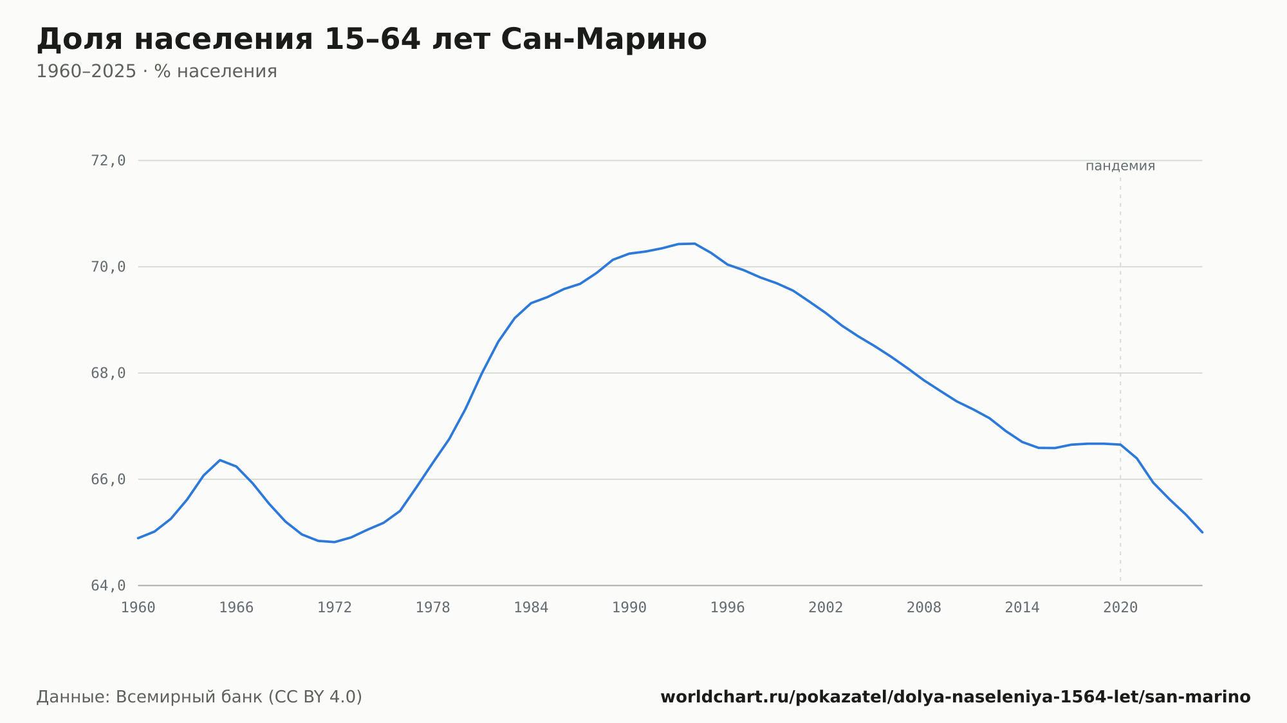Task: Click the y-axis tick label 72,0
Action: (x=108, y=161)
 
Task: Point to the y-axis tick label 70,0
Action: (x=108, y=267)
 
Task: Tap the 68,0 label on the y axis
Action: (x=108, y=373)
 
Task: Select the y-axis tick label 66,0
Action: (x=108, y=479)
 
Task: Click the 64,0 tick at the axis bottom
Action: (x=108, y=585)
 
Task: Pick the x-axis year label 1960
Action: (x=138, y=608)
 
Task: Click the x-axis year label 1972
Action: (x=335, y=608)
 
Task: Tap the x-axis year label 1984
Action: (x=531, y=608)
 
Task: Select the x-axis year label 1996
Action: (x=727, y=608)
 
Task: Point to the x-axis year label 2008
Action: (x=924, y=608)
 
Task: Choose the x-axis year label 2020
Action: (x=1120, y=608)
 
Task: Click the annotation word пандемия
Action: (x=1120, y=166)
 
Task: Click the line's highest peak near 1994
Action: (x=694, y=243)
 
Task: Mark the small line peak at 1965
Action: (x=220, y=460)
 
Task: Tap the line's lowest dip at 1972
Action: (x=335, y=542)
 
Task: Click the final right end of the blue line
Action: (x=1202, y=532)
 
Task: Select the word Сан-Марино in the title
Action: (x=604, y=39)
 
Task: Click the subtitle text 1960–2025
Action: (x=86, y=71)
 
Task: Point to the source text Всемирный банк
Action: (x=189, y=697)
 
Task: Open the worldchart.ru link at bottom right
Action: (x=956, y=697)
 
